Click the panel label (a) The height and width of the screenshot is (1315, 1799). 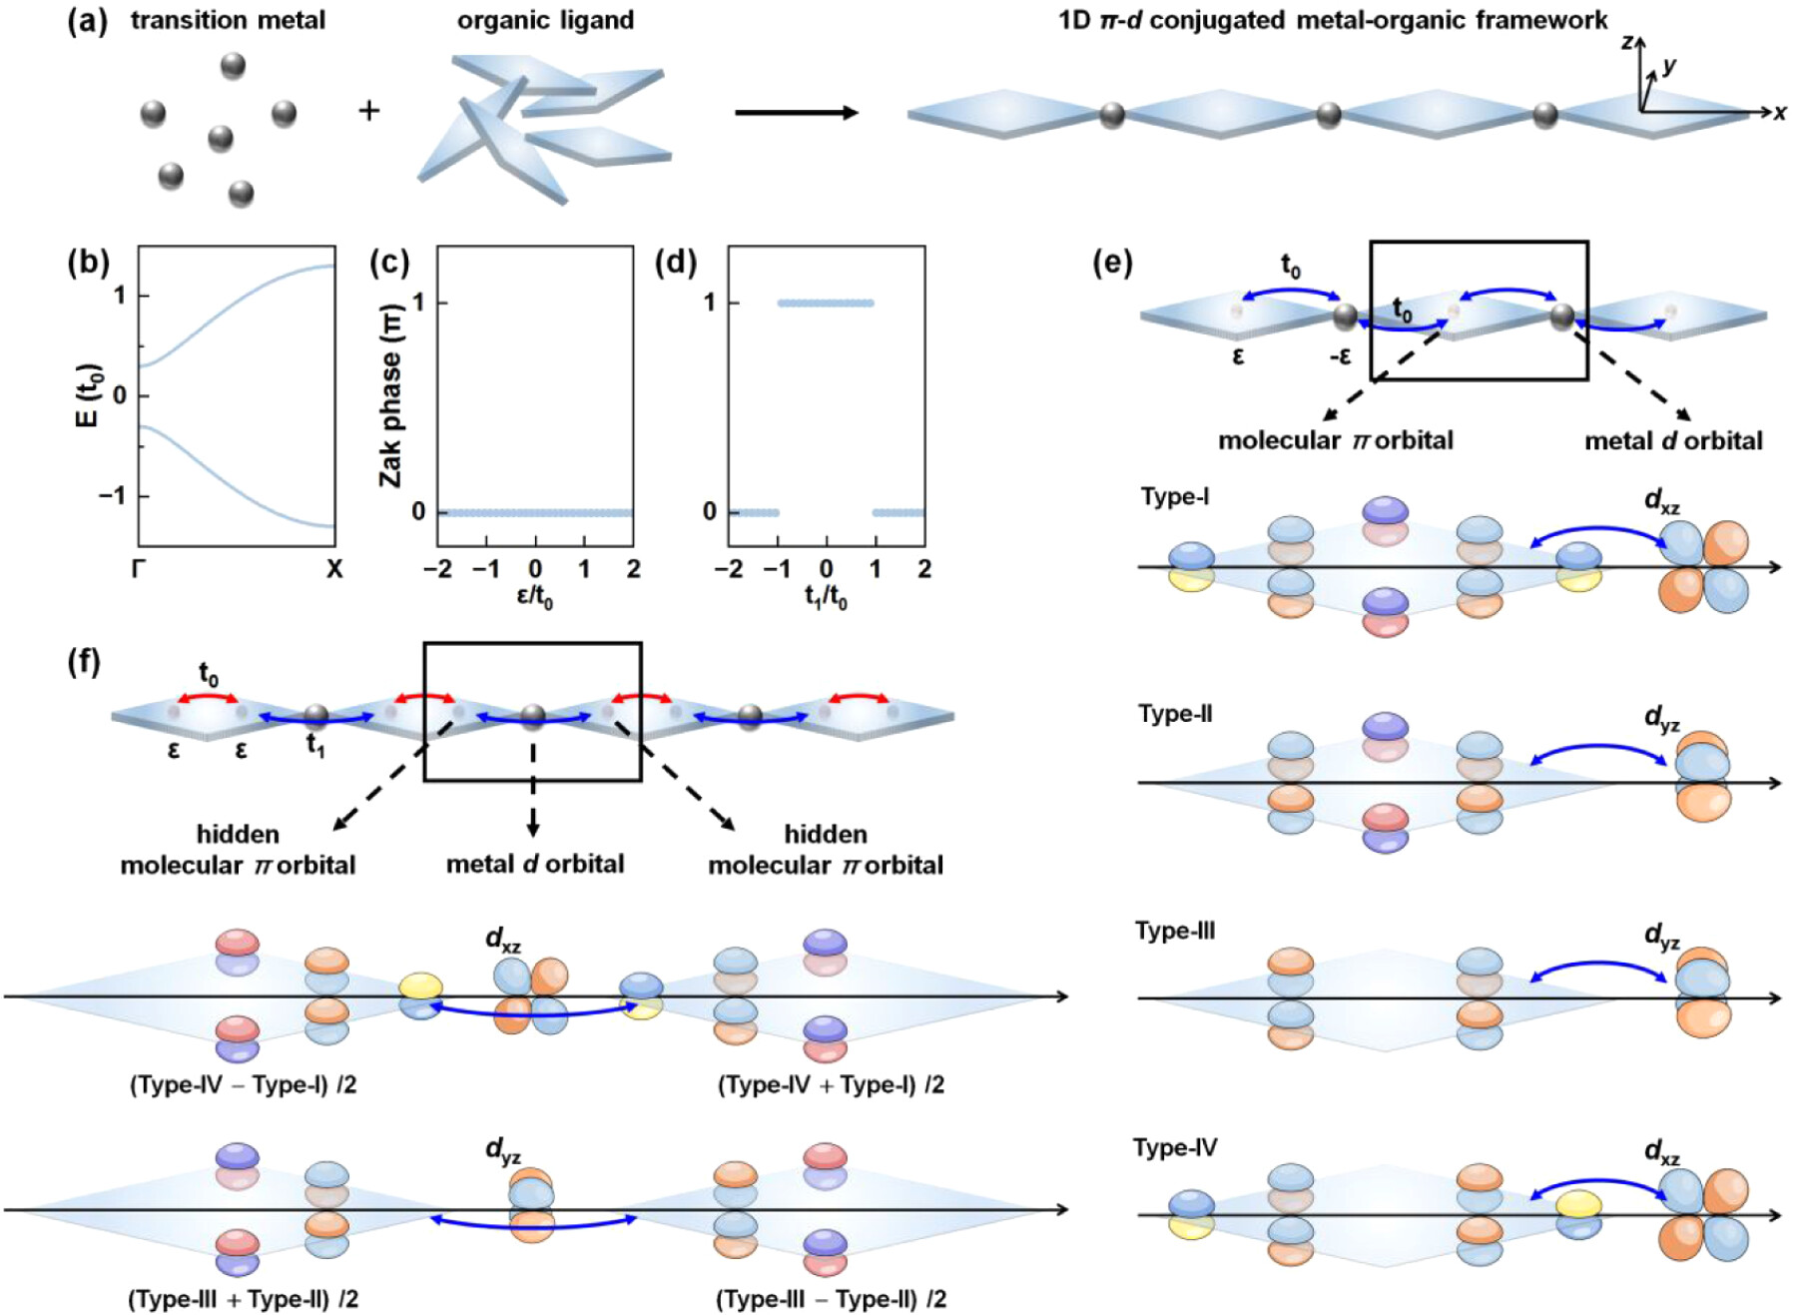(87, 21)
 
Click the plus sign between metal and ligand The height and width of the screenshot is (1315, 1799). (369, 110)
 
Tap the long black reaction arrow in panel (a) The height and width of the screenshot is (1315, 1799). (796, 113)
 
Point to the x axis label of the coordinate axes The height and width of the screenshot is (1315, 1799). (1780, 113)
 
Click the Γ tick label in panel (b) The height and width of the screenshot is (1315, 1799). (139, 569)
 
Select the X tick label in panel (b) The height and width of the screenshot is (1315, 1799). (334, 569)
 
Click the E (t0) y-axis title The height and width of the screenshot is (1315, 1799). (88, 395)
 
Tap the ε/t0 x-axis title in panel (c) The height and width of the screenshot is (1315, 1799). (535, 598)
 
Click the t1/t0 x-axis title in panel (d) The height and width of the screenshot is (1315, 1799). (826, 598)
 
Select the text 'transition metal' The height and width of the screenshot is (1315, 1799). (228, 21)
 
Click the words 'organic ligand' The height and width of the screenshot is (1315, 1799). (545, 21)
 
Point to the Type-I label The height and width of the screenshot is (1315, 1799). (1175, 496)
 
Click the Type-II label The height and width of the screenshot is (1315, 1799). (1175, 714)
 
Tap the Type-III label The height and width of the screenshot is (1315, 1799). (1175, 931)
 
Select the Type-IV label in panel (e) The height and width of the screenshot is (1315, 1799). (1175, 1147)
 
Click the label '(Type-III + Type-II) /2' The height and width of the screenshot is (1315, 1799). (243, 1299)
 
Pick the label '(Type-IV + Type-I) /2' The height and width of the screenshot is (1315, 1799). (831, 1084)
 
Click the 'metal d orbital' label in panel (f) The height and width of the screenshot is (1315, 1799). (535, 864)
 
